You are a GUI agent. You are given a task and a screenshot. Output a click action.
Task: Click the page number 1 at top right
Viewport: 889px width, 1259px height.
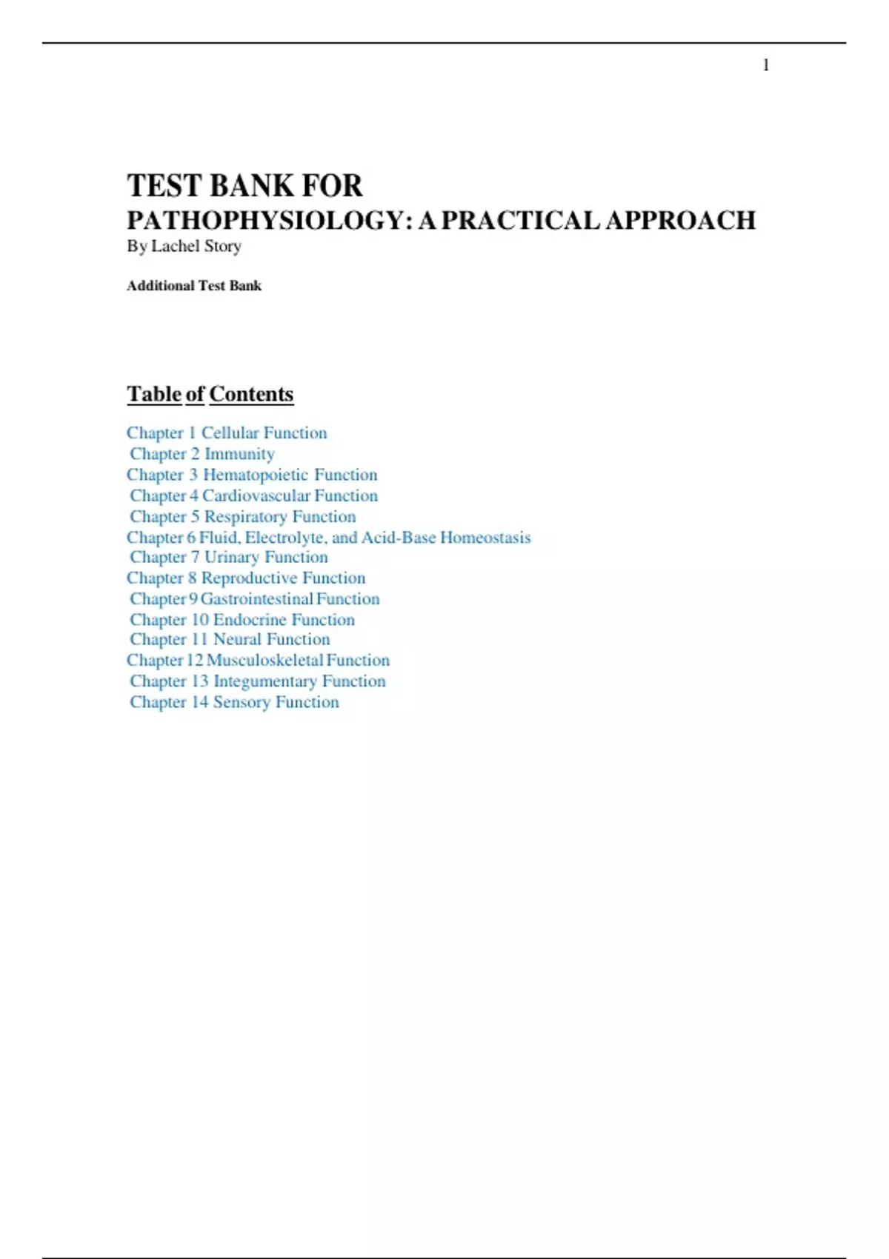point(766,66)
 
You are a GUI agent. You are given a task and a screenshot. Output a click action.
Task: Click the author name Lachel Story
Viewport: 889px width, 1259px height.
point(196,246)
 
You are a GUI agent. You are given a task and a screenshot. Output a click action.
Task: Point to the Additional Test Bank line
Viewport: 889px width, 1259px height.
point(194,286)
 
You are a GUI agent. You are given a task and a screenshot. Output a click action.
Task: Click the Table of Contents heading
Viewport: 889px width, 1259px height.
point(210,394)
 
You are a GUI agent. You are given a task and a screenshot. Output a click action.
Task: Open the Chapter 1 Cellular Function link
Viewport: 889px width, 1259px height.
point(227,433)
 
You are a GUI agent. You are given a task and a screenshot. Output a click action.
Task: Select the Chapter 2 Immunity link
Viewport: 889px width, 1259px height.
point(202,454)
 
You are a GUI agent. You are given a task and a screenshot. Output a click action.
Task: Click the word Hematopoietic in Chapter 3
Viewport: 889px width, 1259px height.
point(256,475)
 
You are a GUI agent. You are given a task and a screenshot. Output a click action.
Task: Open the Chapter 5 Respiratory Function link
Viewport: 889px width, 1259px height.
point(243,516)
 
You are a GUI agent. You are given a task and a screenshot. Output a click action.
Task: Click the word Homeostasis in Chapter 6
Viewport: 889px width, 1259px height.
point(485,537)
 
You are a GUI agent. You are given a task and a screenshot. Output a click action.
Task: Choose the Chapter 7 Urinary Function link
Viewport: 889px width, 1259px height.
point(229,557)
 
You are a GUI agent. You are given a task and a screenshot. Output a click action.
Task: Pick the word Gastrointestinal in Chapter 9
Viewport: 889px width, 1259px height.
point(256,598)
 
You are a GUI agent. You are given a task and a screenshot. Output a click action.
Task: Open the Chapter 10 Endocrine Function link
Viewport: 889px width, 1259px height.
point(242,619)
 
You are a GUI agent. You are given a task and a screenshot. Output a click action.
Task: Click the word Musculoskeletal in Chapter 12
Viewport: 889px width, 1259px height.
point(264,660)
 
